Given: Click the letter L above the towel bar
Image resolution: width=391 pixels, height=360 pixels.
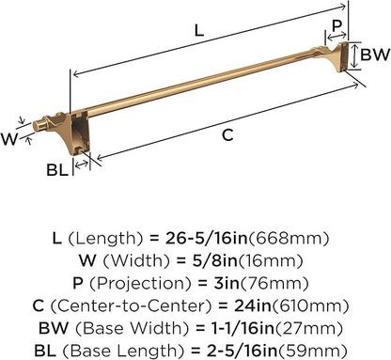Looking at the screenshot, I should [195, 30].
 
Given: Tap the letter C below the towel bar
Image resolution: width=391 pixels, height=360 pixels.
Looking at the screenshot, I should [227, 135].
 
